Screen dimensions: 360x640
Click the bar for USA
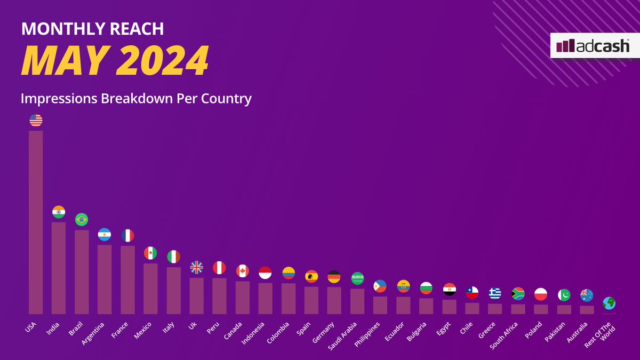(x=36, y=222)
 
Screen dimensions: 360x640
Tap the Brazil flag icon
(x=82, y=219)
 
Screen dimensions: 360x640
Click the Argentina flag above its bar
(x=105, y=235)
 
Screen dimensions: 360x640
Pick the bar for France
(x=127, y=279)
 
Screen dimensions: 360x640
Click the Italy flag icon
(x=173, y=257)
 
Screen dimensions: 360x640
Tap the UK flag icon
(x=197, y=267)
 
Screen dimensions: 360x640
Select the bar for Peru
(x=219, y=295)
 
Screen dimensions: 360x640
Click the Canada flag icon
(x=243, y=271)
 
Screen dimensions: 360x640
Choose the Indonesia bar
(x=265, y=298)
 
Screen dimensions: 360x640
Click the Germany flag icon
(x=334, y=277)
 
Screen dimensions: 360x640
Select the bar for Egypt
(x=449, y=307)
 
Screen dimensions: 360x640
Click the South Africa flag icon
(x=518, y=294)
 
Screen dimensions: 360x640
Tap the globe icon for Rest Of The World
(x=609, y=303)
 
